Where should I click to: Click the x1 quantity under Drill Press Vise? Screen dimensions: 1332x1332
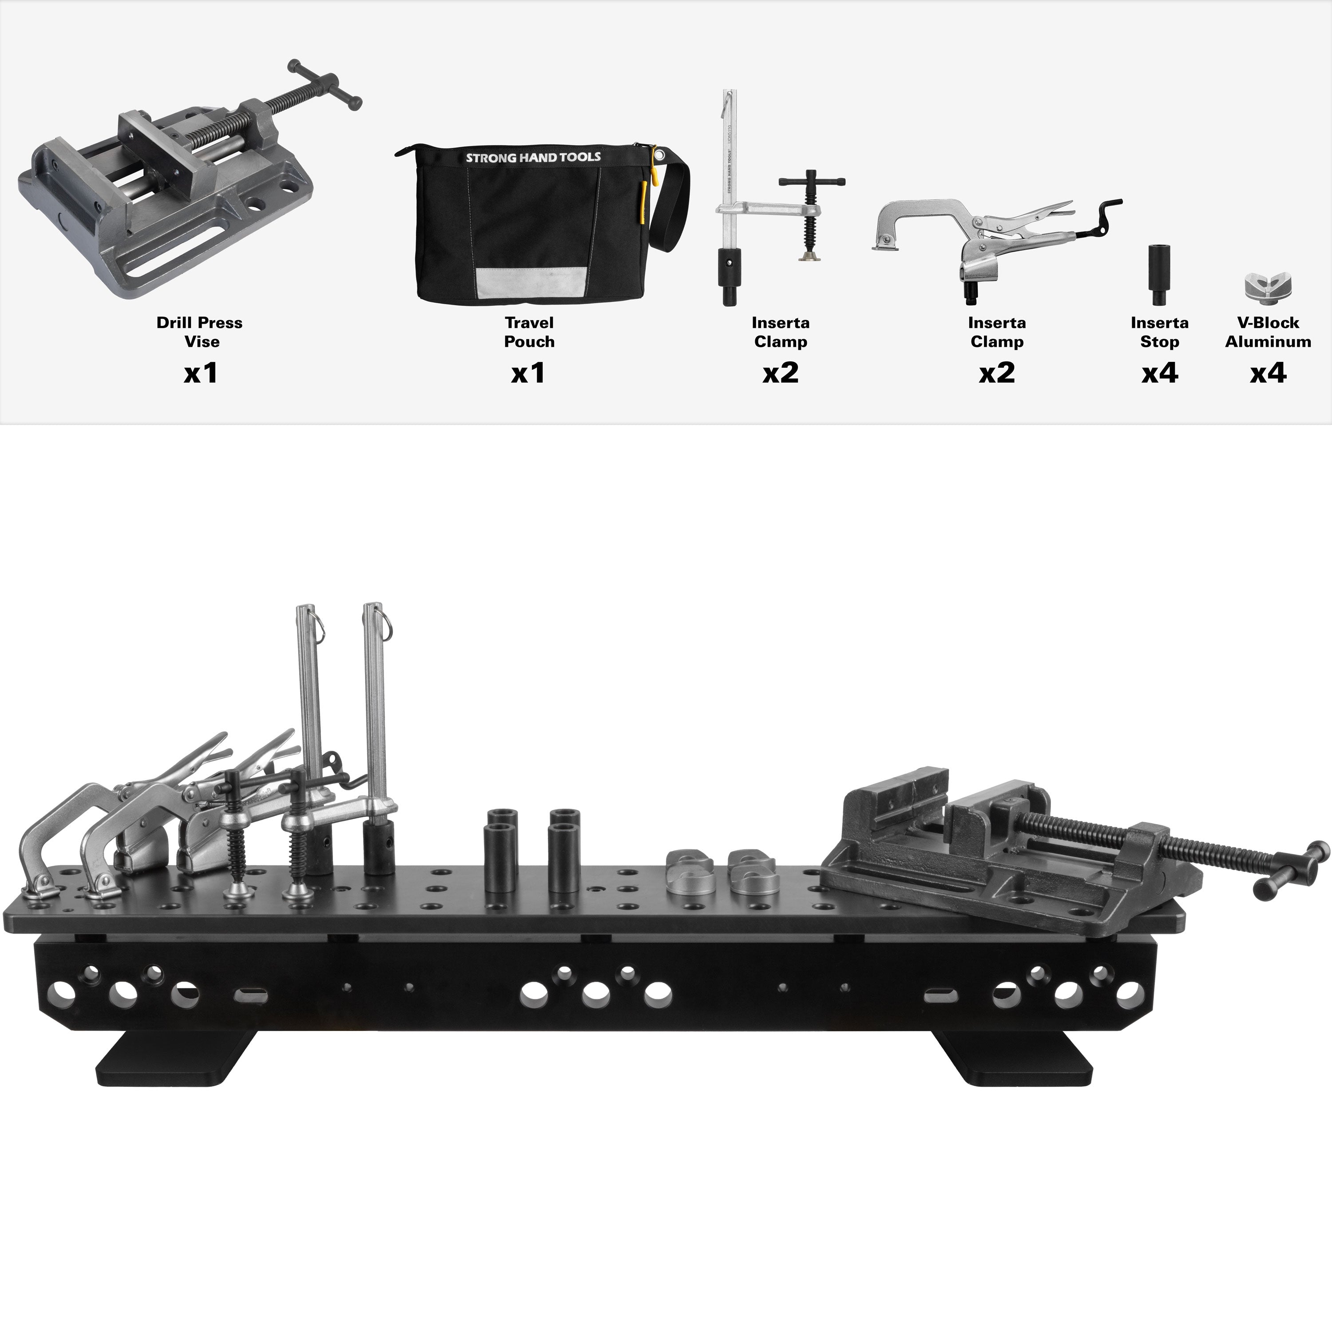[x=201, y=373]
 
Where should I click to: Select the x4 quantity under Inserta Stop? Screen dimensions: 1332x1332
[x=1160, y=373]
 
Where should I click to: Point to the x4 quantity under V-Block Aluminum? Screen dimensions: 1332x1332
[x=1269, y=373]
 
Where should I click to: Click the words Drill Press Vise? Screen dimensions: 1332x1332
[x=200, y=332]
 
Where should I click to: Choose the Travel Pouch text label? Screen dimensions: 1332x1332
[x=529, y=332]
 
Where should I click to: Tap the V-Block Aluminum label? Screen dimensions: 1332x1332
[x=1269, y=332]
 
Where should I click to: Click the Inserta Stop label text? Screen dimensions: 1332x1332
[x=1160, y=332]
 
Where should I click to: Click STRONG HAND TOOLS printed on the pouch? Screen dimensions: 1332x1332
[x=533, y=157]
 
